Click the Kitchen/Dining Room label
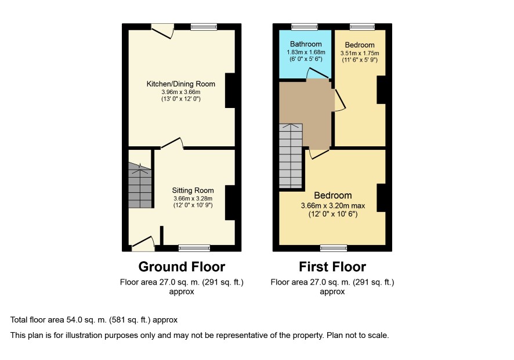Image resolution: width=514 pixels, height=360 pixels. (x=180, y=84)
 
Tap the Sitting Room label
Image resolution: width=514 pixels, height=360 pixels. (x=193, y=190)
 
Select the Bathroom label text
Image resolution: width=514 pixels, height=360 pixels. (x=306, y=44)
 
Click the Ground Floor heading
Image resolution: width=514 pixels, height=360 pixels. (x=182, y=267)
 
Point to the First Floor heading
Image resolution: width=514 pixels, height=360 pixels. (x=332, y=267)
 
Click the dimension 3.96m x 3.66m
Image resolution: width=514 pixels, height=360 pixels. (x=180, y=92)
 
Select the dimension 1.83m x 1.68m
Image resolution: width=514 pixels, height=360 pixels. (x=306, y=52)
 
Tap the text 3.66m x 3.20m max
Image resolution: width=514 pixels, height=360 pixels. (x=333, y=206)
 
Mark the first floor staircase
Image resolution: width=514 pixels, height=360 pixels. (x=291, y=156)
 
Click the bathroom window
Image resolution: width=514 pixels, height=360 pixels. (x=305, y=27)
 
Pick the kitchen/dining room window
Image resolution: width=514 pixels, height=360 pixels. (x=204, y=27)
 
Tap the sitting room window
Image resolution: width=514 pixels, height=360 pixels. (x=194, y=248)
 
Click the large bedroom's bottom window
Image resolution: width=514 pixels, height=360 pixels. (x=334, y=248)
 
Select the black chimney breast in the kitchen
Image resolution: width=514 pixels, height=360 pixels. (x=230, y=90)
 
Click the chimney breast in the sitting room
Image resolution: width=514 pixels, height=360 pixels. (x=230, y=203)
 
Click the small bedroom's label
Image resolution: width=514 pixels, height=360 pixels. (x=360, y=45)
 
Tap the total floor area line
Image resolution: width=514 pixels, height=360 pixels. (x=94, y=320)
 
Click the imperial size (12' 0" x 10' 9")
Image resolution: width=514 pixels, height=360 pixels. (x=193, y=206)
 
